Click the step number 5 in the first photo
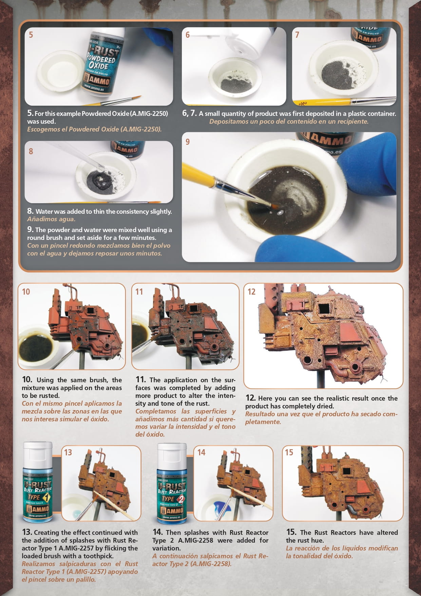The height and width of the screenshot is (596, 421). tap(31, 35)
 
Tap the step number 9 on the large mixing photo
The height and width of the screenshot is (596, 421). tap(188, 142)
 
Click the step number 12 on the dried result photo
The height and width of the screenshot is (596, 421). tap(251, 292)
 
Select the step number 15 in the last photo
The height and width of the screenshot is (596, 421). tap(289, 452)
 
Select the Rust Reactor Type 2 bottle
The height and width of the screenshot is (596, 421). tap(172, 483)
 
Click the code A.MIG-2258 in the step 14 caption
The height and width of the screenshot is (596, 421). tap(197, 540)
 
